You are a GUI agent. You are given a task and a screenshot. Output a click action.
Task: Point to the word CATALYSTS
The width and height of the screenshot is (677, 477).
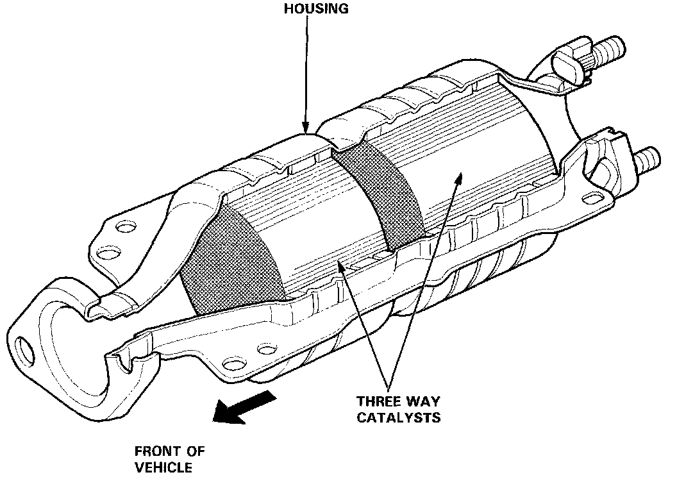398,418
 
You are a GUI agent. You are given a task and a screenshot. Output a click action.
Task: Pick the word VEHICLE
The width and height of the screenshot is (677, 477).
163,467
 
